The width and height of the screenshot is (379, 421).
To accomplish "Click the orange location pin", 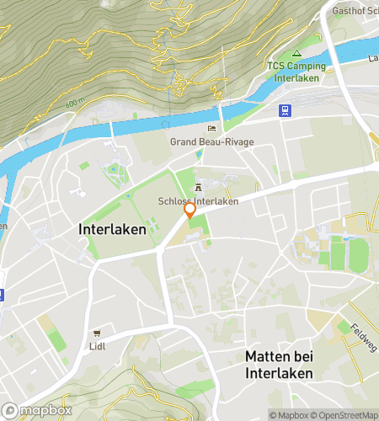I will pyautogui.click(x=190, y=210).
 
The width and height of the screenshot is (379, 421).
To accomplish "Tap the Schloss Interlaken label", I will pyautogui.click(x=198, y=201).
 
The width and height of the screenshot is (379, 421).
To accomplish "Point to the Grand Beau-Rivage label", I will pyautogui.click(x=206, y=141).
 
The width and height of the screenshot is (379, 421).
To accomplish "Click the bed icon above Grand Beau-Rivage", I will pyautogui.click(x=212, y=128).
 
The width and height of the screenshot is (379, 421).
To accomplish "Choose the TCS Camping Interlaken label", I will pyautogui.click(x=294, y=72).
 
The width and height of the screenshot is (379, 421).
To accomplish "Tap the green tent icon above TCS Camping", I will pyautogui.click(x=296, y=53).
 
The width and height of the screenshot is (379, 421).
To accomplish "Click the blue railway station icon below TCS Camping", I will pyautogui.click(x=286, y=109).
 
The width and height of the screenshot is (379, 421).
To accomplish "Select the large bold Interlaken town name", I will pyautogui.click(x=112, y=229).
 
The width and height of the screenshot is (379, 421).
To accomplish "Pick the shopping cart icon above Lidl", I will pyautogui.click(x=98, y=333).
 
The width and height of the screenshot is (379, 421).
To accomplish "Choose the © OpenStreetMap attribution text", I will pyautogui.click(x=345, y=414).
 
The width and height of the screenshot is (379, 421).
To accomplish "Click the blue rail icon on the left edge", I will pyautogui.click(x=3, y=295).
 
